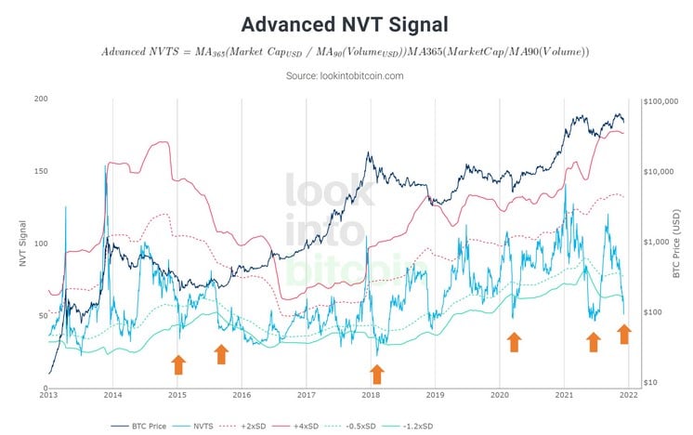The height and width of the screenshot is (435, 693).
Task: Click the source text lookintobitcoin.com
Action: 346,75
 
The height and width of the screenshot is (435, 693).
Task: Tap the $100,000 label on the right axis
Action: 665,100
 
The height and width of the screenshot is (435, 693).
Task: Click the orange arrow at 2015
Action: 178,363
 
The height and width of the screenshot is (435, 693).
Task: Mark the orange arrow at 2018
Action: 376,374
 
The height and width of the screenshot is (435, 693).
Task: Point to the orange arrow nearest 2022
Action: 624,333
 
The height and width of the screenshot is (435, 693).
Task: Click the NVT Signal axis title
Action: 22,242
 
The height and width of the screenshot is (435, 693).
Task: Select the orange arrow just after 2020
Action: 513,342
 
